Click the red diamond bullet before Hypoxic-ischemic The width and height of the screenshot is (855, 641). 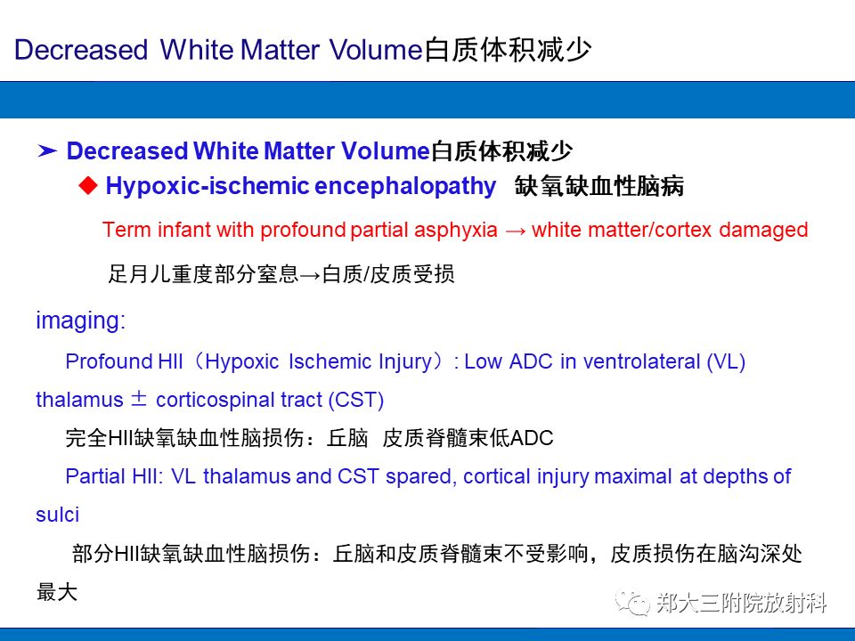tap(86, 185)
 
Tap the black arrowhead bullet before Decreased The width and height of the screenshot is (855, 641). tap(48, 151)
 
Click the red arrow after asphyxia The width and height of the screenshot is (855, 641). tap(516, 230)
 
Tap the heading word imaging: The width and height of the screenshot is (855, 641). tap(81, 321)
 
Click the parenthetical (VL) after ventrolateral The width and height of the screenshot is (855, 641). tap(726, 361)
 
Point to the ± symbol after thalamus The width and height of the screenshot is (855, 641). tap(140, 400)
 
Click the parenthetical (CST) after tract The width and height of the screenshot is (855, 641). tap(355, 400)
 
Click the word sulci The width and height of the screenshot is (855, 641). tap(57, 515)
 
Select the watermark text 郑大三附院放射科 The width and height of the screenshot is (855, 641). tap(742, 603)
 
